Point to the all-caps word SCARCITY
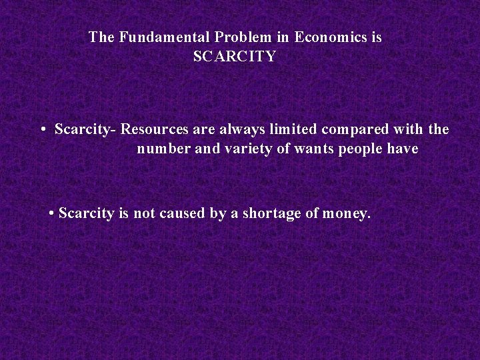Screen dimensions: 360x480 point(234,56)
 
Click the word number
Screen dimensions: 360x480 point(160,149)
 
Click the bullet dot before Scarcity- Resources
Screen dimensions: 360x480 point(42,129)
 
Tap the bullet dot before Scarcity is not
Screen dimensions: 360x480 point(52,214)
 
